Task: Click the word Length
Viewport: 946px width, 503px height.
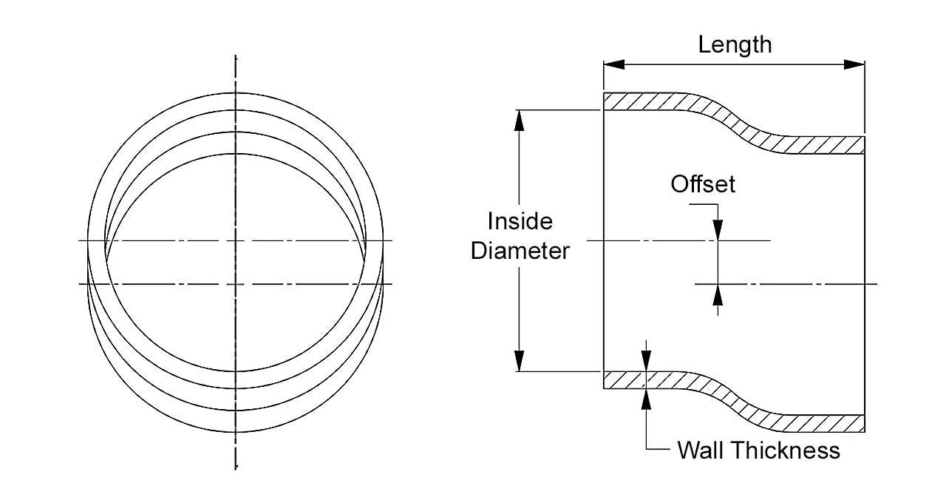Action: tap(735, 44)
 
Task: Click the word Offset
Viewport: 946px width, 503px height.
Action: tap(703, 183)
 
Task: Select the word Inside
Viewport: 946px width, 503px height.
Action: tap(520, 221)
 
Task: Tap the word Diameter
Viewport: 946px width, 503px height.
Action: tap(520, 251)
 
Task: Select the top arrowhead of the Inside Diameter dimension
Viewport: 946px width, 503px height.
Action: tap(520, 121)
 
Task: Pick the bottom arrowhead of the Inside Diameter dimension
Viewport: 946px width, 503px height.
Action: tap(520, 360)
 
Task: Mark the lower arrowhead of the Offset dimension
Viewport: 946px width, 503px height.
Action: tap(717, 294)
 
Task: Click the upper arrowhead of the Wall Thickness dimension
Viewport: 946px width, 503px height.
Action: tap(647, 362)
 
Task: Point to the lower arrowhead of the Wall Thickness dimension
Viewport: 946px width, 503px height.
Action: tap(647, 398)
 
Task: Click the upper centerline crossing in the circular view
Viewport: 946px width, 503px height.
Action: tap(236, 240)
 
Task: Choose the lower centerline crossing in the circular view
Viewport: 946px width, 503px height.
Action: tap(236, 284)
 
